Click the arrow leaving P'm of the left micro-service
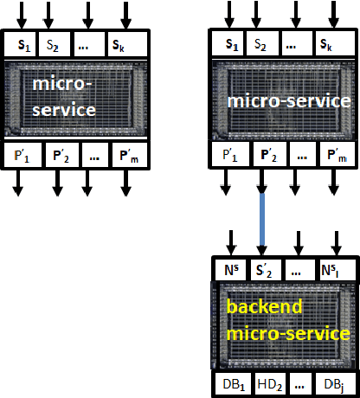coord(125,183)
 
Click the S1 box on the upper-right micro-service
coord(228,42)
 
